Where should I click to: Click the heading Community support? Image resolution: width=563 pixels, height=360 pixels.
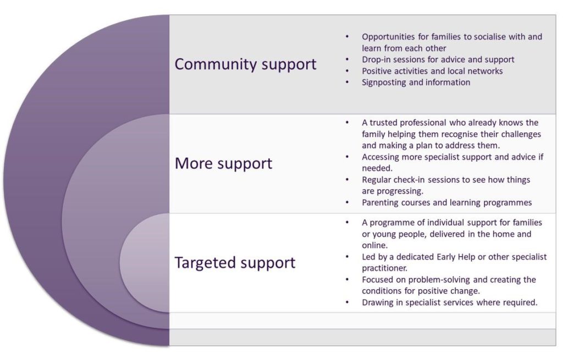click(245, 64)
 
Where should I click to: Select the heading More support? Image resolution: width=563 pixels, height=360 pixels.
click(223, 163)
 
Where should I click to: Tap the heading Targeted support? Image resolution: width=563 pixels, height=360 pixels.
click(235, 262)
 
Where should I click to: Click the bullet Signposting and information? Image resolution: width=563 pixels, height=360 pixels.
click(416, 82)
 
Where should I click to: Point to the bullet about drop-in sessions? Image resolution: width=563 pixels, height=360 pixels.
click(438, 59)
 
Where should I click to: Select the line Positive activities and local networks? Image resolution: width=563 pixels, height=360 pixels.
click(432, 71)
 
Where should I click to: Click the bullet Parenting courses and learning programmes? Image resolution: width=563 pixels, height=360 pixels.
click(446, 202)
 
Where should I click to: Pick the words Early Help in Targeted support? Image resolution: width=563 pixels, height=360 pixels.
click(460, 257)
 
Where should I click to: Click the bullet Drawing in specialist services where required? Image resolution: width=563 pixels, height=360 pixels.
click(449, 302)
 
